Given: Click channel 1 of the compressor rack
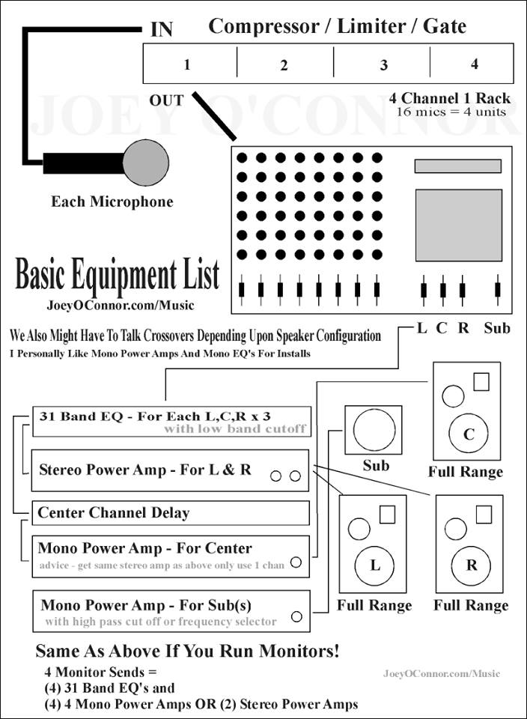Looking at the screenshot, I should tap(187, 64).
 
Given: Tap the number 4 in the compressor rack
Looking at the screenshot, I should tap(475, 64).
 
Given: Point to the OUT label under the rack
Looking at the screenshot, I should tap(166, 100).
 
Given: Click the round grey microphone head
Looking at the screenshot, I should tap(146, 163).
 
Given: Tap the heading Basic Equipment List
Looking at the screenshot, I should tap(118, 276).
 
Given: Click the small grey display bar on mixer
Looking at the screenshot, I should tap(458, 166).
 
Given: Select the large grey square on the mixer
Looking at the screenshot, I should tap(458, 225).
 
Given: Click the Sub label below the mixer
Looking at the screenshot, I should tap(497, 327).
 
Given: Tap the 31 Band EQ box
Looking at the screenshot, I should tap(171, 421).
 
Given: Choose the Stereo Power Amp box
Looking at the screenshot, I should tap(171, 470).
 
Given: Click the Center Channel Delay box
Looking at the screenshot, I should tap(171, 513).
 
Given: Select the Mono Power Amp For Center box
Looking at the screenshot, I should tap(171, 556).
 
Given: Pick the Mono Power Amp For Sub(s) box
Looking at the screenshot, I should tap(171, 610).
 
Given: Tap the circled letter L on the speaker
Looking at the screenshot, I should tap(375, 565).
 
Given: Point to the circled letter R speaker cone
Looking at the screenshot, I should tap(472, 565).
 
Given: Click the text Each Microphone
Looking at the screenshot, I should tap(112, 201).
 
